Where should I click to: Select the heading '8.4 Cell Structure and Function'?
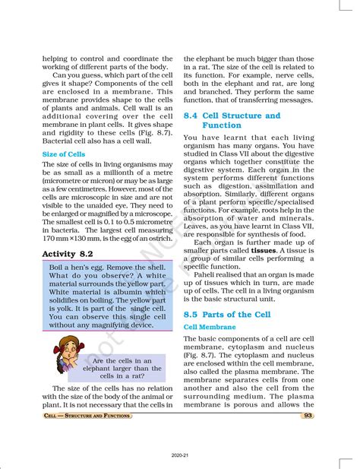point(232,120)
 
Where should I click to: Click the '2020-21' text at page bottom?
point(180,455)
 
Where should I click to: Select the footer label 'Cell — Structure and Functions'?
point(88,416)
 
